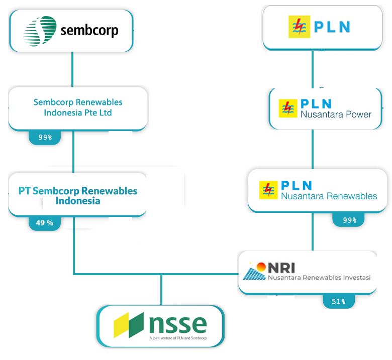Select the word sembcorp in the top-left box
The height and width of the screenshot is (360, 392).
pyautogui.click(x=89, y=31)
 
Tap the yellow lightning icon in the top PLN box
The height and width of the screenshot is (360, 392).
pyautogui.click(x=297, y=27)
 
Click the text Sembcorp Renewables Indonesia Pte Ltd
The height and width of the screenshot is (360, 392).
pyautogui.click(x=78, y=107)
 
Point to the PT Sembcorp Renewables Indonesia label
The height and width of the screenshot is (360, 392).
pyautogui.click(x=78, y=196)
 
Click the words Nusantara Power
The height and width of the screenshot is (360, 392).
pyautogui.click(x=336, y=114)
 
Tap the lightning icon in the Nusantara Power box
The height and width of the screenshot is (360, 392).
pyautogui.click(x=288, y=108)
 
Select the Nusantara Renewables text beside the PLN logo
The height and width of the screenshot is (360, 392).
pyautogui.click(x=329, y=196)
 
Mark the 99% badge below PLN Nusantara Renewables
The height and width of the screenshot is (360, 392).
pyautogui.click(x=350, y=220)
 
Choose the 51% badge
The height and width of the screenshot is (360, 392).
pyautogui.click(x=338, y=301)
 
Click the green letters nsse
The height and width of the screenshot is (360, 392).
pyautogui.click(x=178, y=323)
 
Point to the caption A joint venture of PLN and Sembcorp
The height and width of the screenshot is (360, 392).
pyautogui.click(x=178, y=338)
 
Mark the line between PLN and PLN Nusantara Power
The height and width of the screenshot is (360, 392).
pyautogui.click(x=313, y=69)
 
